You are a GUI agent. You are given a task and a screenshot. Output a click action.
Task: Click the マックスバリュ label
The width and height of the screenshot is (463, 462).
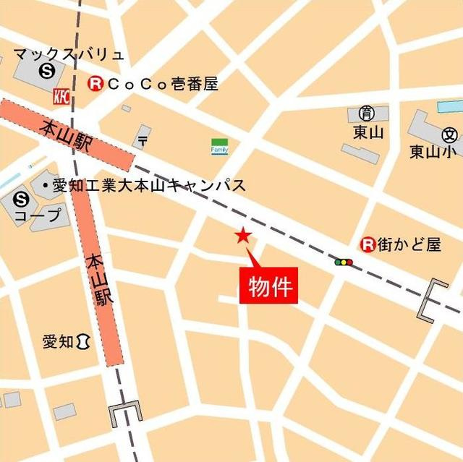pos(69,54)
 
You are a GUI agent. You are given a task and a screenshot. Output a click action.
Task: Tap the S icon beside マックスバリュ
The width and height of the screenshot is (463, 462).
pos(48,71)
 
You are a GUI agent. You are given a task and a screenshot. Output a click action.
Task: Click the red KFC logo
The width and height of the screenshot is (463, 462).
pos(61,95)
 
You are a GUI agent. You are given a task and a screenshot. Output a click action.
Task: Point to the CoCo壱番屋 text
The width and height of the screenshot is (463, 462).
pos(160,84)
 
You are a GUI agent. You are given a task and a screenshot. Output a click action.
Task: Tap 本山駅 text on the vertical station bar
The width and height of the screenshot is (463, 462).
pos(101,279)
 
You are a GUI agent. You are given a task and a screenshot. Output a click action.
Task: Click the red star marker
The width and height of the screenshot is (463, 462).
pos(243,236)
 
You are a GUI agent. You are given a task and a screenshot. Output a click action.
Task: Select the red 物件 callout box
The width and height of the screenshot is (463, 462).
pos(268,286)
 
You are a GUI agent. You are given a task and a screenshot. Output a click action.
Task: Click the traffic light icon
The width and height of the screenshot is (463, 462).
pos(344,262)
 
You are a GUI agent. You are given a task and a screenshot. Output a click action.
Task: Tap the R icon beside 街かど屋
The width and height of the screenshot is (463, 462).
pos(368,244)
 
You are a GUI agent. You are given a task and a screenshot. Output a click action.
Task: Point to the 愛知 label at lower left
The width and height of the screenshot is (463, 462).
pos(58,341)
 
